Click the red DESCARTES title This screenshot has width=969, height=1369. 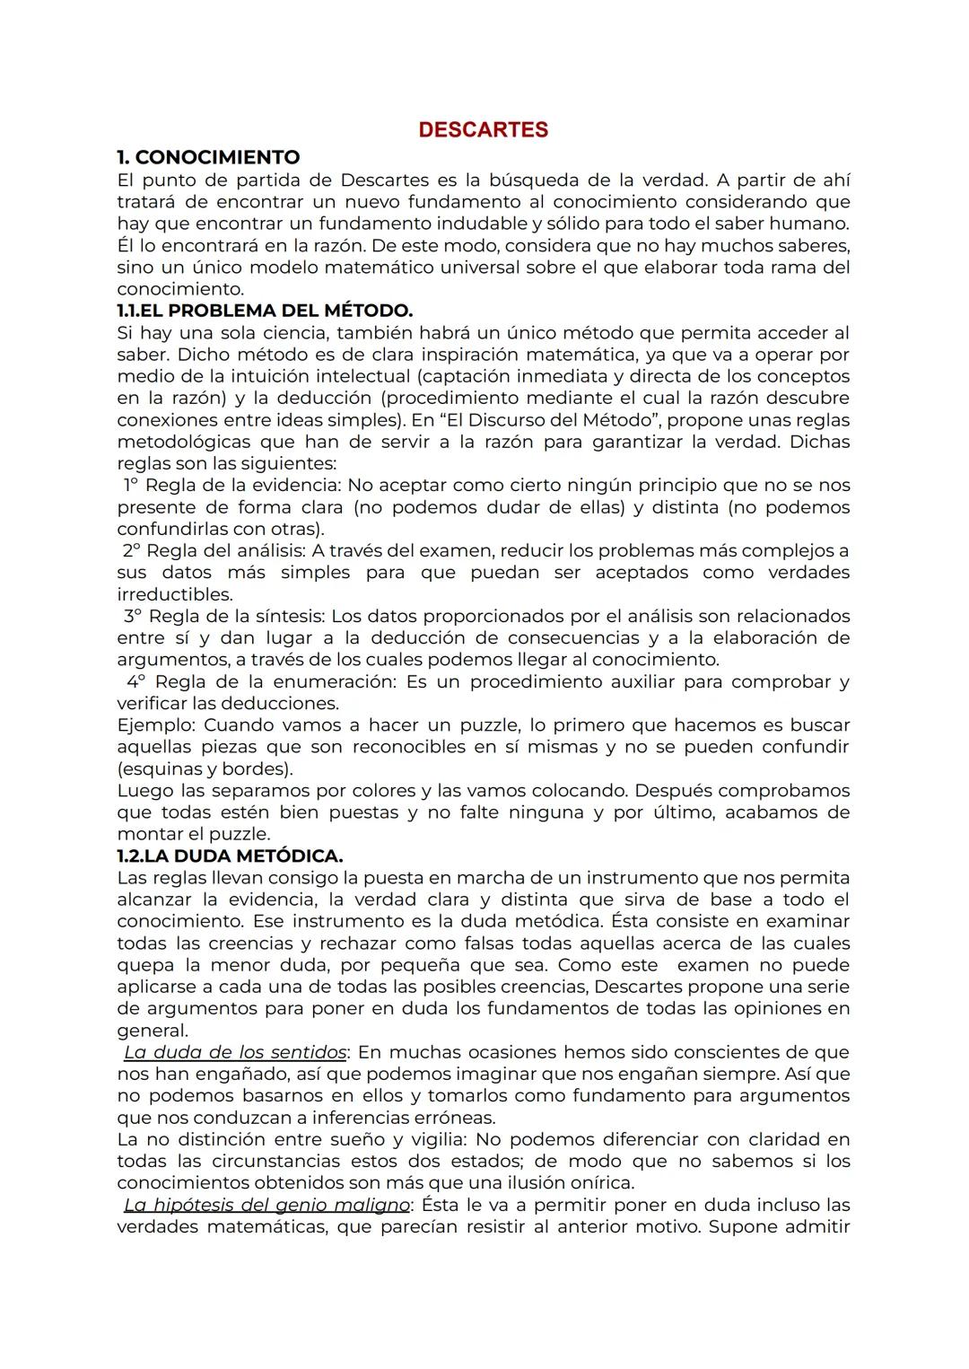tap(483, 130)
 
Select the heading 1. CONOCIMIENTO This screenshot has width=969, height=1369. tap(208, 158)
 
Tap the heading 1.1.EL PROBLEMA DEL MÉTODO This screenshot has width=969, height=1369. tap(265, 311)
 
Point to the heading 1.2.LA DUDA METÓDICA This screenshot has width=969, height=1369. tap(230, 856)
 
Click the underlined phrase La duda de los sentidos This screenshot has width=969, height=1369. tap(235, 1052)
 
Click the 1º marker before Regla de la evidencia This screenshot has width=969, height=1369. tap(132, 486)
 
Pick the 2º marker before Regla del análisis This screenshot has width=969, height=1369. tap(133, 550)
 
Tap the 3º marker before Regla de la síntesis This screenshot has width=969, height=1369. tap(134, 616)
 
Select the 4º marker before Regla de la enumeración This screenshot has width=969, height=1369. tap(135, 681)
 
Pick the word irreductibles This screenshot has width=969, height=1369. tap(175, 594)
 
